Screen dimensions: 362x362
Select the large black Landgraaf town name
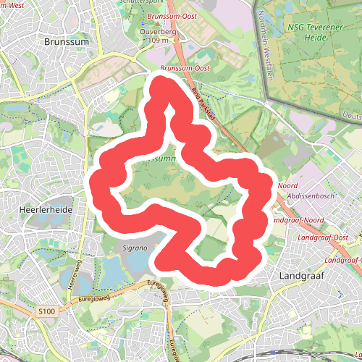point(300,276)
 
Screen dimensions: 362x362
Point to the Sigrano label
point(135,248)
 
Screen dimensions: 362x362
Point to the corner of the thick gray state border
point(266,95)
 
